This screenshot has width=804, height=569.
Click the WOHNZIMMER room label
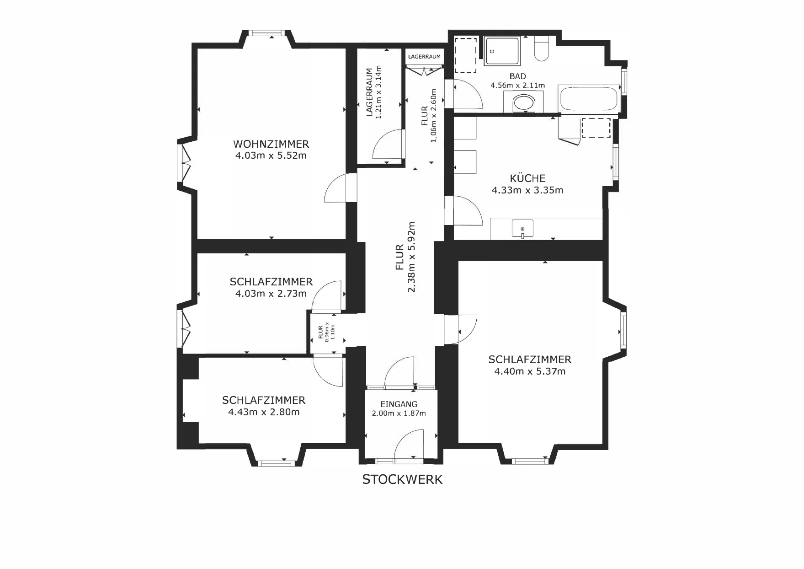(271, 144)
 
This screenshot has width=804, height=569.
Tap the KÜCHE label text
(527, 178)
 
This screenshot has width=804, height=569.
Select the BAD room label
(518, 76)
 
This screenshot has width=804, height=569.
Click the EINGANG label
(399, 404)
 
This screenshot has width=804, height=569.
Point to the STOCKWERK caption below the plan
(402, 479)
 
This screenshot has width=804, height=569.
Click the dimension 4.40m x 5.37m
(530, 371)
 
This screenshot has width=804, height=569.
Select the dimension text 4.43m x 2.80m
(264, 412)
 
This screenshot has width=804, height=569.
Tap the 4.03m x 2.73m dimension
(271, 294)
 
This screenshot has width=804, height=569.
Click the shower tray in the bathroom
(502, 51)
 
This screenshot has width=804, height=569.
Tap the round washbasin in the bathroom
(524, 102)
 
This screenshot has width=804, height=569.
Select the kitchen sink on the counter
(522, 229)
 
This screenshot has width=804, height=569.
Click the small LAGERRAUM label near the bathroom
(425, 57)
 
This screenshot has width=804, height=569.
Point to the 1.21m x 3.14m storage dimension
(378, 92)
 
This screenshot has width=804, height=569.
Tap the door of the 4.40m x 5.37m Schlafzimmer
(461, 329)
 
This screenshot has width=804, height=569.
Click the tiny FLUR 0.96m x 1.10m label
(326, 332)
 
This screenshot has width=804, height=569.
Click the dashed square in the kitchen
(596, 128)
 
